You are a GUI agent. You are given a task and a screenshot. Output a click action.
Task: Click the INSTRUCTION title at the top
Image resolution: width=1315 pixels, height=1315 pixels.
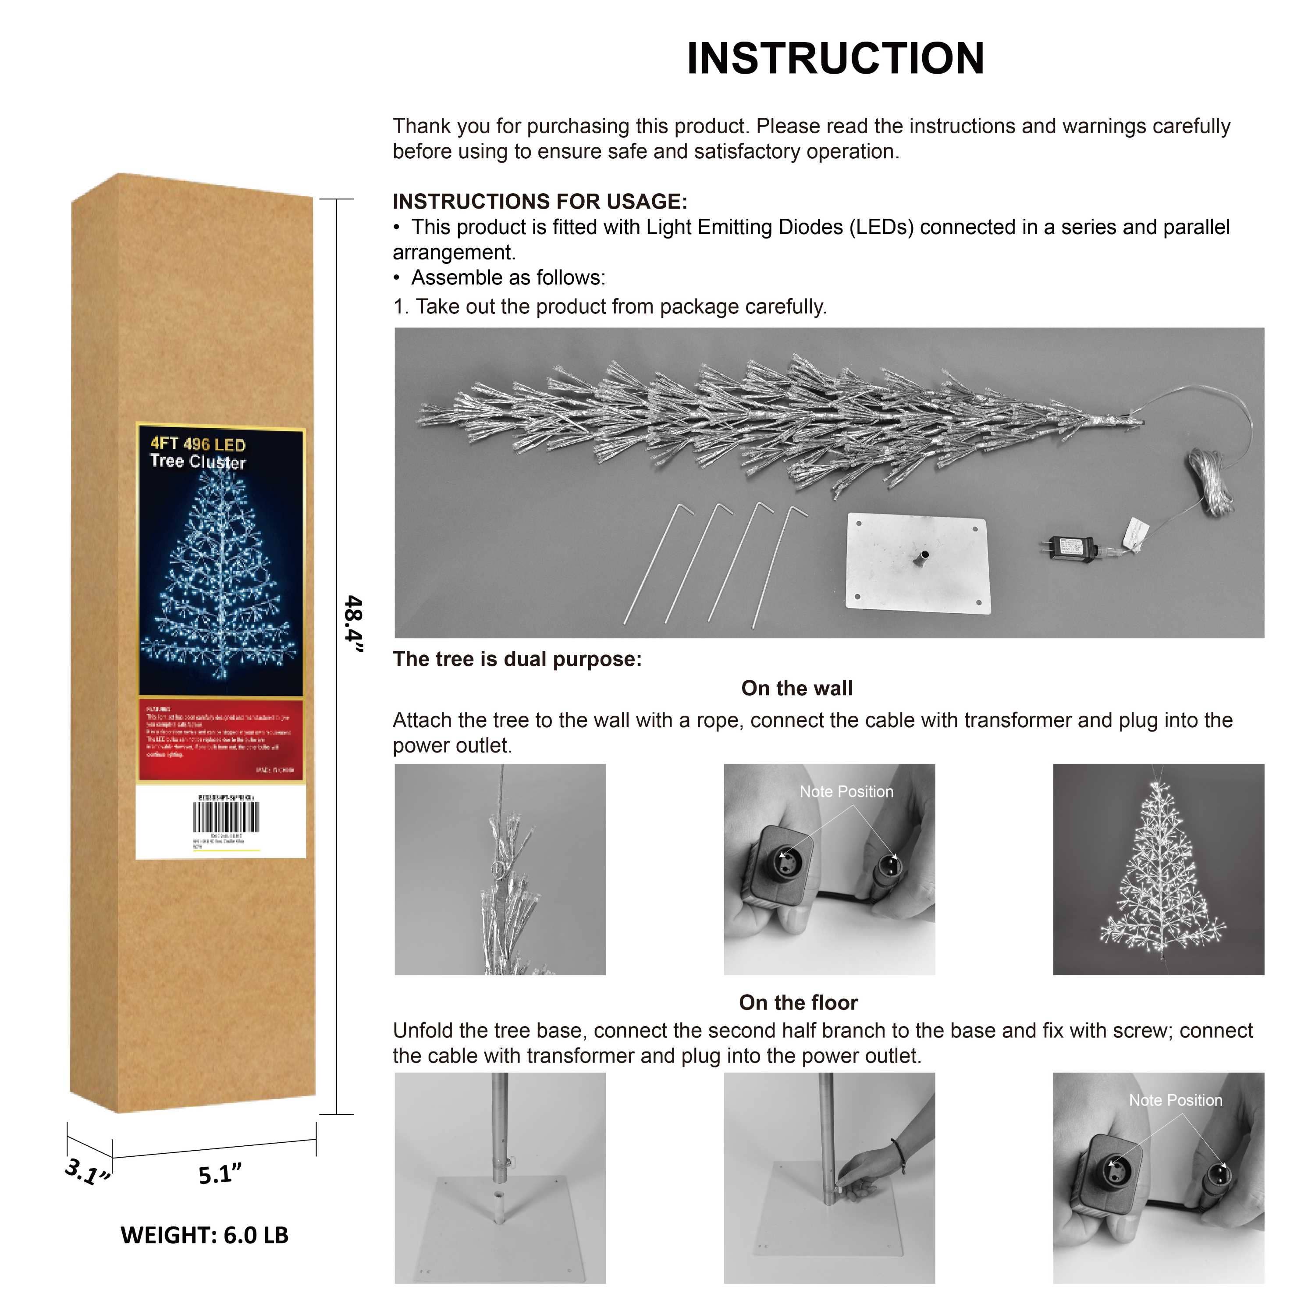pos(835,59)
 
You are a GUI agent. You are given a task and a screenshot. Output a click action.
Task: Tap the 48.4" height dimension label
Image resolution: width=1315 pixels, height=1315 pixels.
pos(353,623)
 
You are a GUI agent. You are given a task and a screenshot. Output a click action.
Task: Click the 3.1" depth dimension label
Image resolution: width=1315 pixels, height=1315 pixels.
pos(87,1171)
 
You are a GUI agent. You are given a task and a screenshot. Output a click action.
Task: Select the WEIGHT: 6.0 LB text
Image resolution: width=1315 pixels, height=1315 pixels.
pos(204,1235)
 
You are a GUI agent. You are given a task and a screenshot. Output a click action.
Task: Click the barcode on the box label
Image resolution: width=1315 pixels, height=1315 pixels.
pos(226,817)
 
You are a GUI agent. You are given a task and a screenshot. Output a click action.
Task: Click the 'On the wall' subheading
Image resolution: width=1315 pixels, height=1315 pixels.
pos(796,688)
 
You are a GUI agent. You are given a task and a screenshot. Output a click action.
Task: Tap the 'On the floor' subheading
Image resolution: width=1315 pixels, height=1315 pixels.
pos(798,1002)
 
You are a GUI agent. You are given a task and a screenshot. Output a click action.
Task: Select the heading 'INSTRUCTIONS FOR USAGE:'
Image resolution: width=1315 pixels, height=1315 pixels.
pos(540,202)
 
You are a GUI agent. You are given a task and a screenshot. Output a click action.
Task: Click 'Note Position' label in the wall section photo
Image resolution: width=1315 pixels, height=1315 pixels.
pos(846,792)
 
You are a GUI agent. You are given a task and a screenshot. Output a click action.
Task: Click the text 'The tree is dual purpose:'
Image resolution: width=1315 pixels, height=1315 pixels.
pos(517,659)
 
